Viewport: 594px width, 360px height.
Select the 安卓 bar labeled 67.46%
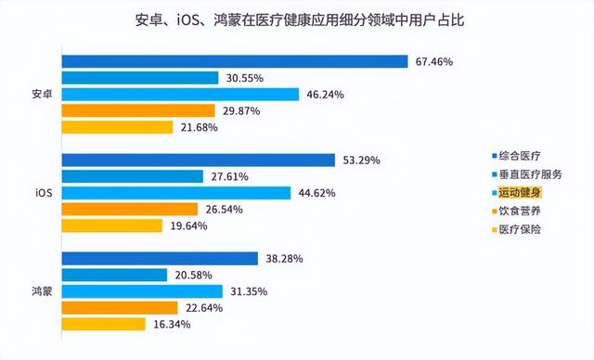tap(235, 62)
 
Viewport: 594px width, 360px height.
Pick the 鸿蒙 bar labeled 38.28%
tap(160, 259)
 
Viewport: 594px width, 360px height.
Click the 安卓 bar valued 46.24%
tap(180, 95)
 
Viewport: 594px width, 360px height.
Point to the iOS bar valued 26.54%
tap(130, 210)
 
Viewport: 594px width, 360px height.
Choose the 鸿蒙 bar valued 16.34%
tap(104, 324)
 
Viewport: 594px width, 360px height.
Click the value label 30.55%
tap(245, 79)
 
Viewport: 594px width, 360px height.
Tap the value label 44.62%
tap(316, 193)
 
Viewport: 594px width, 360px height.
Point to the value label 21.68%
tap(199, 127)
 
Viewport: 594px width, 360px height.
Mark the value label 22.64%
tap(203, 308)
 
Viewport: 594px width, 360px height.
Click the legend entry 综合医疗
tap(519, 154)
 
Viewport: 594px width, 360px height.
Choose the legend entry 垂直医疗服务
tap(530, 173)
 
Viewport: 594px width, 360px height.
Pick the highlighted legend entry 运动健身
tap(519, 192)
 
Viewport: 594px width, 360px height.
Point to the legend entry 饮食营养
tap(519, 211)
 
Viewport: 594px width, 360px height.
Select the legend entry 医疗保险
tap(519, 229)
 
